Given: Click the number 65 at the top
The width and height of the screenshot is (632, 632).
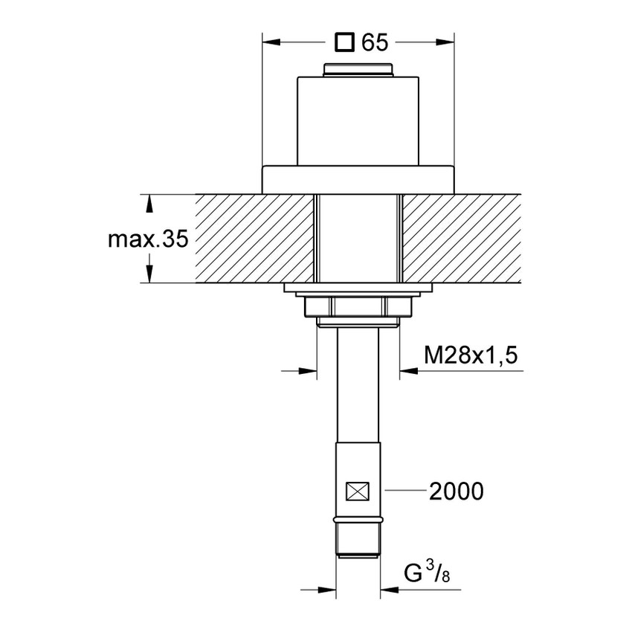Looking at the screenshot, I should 375,42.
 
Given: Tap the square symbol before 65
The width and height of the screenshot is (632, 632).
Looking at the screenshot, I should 344,42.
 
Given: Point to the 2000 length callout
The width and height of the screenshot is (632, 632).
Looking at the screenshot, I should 456,491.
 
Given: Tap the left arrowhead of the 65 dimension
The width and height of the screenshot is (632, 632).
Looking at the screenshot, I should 270,42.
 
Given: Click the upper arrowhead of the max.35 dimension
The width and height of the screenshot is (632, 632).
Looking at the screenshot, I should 149,202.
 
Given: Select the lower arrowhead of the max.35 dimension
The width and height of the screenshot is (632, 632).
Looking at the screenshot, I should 149,275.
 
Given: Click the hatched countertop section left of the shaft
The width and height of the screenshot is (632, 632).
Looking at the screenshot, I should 253,239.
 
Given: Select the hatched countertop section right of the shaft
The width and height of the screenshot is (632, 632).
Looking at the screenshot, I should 461,239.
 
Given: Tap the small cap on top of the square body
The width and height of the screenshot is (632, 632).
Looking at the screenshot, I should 358,70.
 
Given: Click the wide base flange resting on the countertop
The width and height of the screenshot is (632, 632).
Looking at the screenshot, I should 358,178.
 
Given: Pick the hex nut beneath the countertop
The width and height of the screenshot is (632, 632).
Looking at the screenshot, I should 358,306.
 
